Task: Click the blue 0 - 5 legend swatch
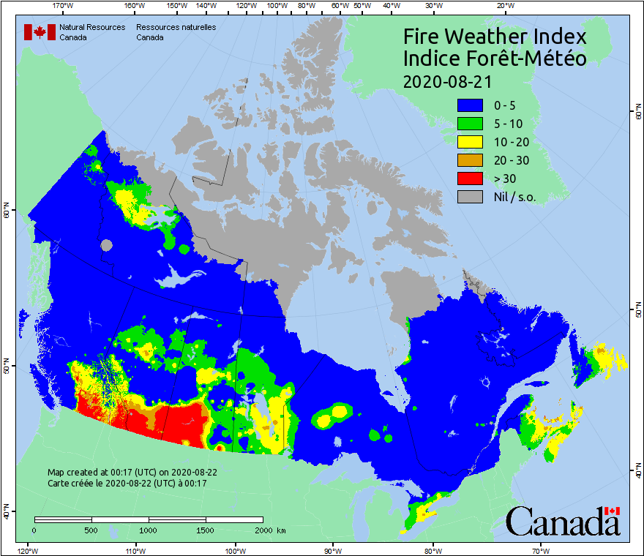coord(471,105)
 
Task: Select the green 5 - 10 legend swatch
coord(471,124)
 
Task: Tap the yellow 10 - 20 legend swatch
coord(471,142)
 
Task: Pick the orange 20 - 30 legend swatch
coord(471,160)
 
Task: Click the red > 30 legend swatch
coord(471,179)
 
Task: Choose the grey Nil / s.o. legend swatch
coord(471,197)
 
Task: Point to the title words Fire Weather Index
coord(495,37)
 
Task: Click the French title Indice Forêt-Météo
coord(495,59)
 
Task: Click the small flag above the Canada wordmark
coord(612,510)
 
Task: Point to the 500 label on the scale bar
coord(91,530)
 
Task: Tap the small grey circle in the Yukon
coord(107,245)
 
